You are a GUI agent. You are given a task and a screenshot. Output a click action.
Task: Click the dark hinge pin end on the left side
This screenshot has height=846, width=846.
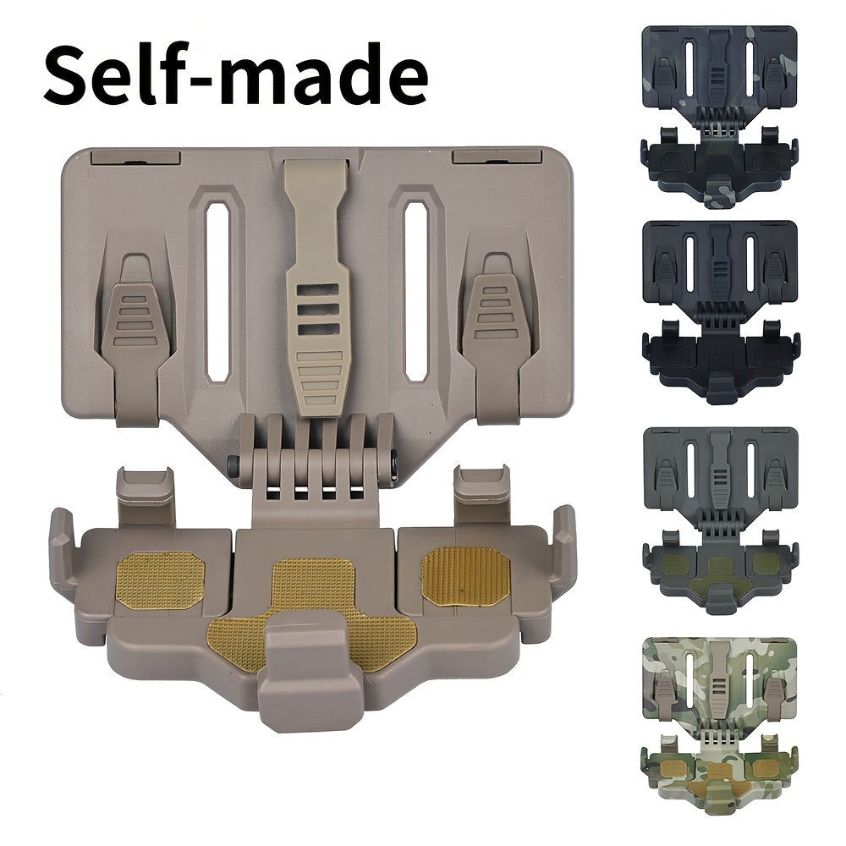(233, 464)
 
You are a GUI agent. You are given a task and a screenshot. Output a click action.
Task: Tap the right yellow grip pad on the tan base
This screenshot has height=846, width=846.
(465, 576)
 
